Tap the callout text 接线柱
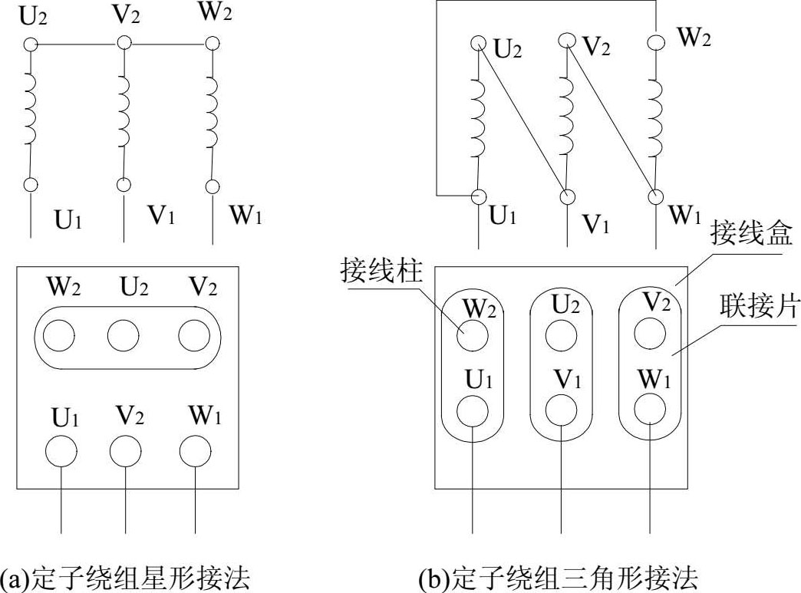[x=381, y=271]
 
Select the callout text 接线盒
[x=750, y=232]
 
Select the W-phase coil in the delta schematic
[x=655, y=115]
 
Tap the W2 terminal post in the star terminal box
[x=60, y=335]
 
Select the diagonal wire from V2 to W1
[x=611, y=117]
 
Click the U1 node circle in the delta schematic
[x=480, y=196]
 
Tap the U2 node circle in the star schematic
[x=30, y=44]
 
